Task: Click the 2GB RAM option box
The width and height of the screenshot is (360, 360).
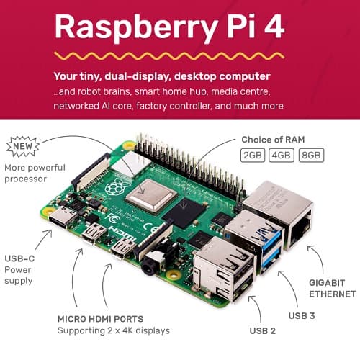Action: click(x=253, y=156)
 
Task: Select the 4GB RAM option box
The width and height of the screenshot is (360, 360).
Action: click(x=282, y=156)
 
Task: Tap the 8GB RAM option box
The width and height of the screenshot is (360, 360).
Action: click(x=311, y=156)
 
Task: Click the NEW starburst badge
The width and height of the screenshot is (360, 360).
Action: click(x=23, y=146)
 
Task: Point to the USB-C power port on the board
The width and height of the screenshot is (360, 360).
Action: click(x=60, y=219)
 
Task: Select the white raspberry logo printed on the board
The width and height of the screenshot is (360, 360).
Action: click(x=115, y=186)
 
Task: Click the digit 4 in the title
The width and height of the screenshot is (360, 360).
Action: click(x=274, y=26)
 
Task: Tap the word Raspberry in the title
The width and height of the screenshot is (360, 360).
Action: click(x=136, y=28)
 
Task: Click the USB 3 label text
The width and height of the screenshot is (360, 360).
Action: click(x=302, y=316)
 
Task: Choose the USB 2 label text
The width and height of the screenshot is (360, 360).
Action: click(x=263, y=331)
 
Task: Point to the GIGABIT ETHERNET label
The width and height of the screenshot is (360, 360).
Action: click(x=333, y=289)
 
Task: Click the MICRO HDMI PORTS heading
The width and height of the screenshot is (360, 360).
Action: click(x=101, y=319)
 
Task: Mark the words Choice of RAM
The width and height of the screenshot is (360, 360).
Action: click(x=273, y=140)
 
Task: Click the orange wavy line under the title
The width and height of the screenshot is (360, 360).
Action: click(x=169, y=56)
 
